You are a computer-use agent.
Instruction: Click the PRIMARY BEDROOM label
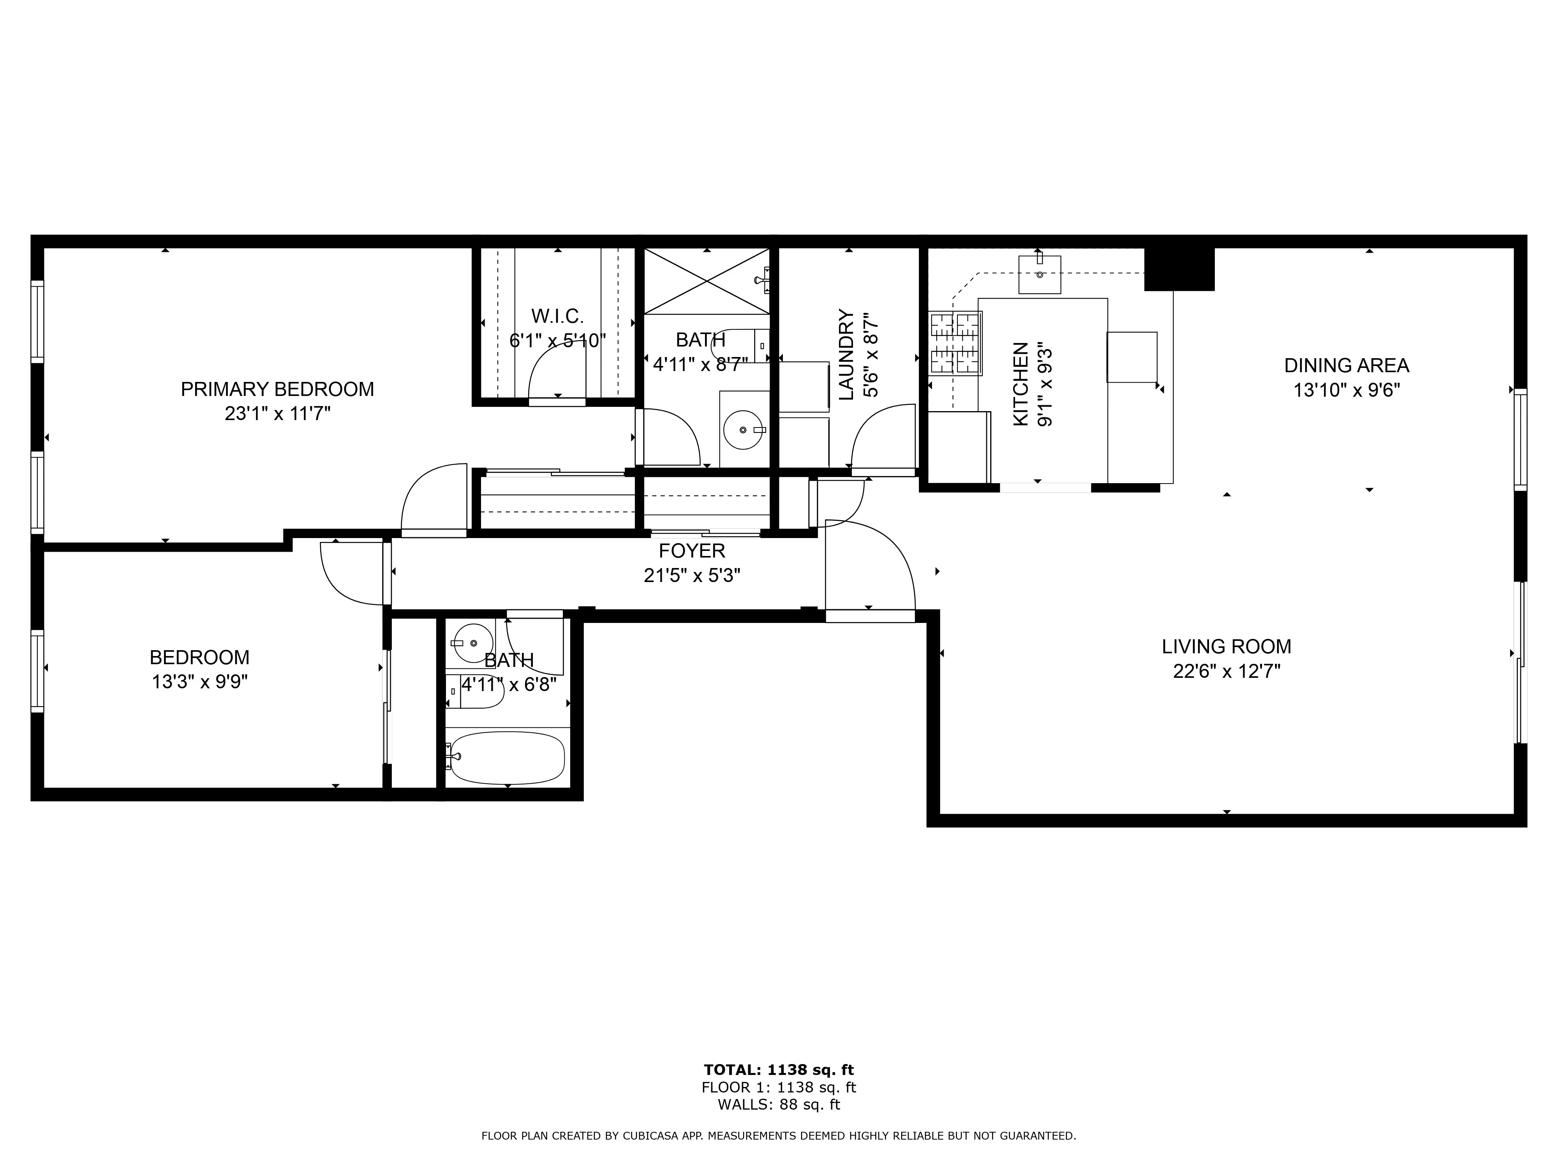[x=277, y=389]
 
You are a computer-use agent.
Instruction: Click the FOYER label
[x=692, y=551]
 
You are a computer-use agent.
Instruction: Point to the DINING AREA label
[x=1346, y=366]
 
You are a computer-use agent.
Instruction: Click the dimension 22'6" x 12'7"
[x=1226, y=671]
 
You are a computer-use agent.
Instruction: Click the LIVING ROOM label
[x=1226, y=646]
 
